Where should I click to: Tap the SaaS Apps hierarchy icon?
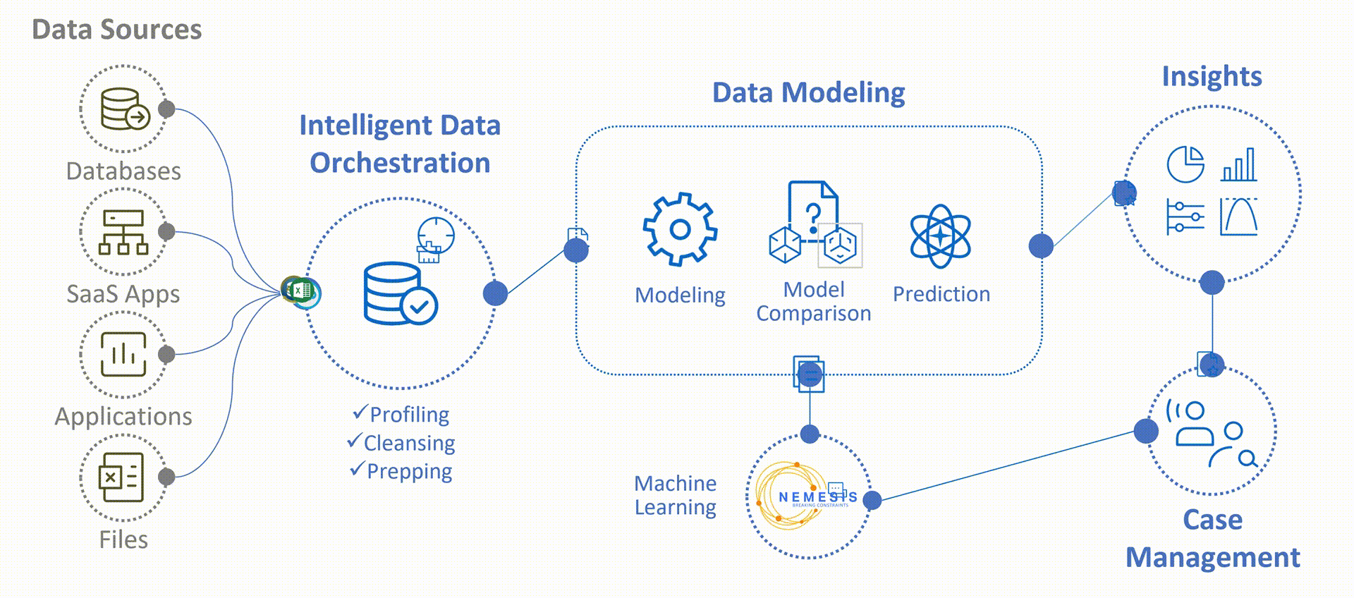click(123, 231)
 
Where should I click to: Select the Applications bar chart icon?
click(123, 354)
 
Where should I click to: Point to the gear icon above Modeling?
click(680, 229)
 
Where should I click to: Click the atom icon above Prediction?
click(940, 236)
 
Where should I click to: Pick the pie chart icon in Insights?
click(1185, 164)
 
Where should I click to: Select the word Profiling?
click(409, 415)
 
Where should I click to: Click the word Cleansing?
click(409, 443)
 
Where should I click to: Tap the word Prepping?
click(409, 471)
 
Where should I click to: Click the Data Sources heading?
click(117, 30)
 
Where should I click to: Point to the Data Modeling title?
click(808, 92)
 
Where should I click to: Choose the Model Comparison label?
click(814, 301)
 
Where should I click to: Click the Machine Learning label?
click(675, 495)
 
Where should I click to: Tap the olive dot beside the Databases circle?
click(166, 109)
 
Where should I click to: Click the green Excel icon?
click(301, 290)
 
